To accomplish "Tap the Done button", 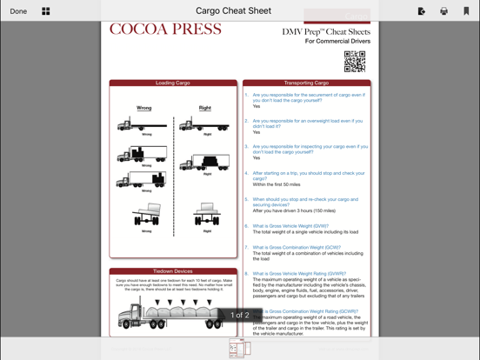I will point(18,11).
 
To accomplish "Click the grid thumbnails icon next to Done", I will point(46,11).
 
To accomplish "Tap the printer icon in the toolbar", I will point(443,11).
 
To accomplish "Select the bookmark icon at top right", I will point(466,11).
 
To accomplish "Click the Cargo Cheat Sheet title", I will point(233,11).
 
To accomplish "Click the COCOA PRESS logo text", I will point(165,30).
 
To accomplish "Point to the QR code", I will point(354,61).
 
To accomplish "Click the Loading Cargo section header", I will point(173,83).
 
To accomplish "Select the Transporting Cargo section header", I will point(306,83).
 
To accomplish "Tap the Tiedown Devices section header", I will point(173,271).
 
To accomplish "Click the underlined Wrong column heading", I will point(144,108).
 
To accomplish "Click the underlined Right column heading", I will point(205,108).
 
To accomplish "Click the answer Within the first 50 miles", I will point(277,184).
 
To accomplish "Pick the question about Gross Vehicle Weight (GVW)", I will point(290,226).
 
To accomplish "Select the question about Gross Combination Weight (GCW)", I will point(297,248).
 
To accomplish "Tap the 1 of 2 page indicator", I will point(240,316).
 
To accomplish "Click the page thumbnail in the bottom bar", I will point(239,349).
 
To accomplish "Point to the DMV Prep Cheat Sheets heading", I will point(326,32).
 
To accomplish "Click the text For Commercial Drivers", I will point(337,42).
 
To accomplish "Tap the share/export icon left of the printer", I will point(422,11).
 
